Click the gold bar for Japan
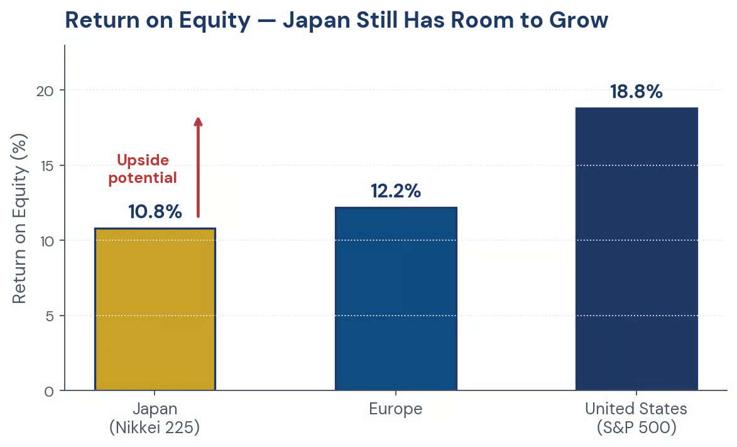point(155,309)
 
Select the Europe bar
point(396,299)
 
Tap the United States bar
point(636,249)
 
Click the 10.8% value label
point(155,212)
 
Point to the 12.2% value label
point(396,191)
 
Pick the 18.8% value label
point(636,92)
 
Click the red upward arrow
point(199,167)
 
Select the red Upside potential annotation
point(143,169)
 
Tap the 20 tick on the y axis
point(45,91)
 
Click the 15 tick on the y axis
point(46,165)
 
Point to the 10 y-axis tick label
point(46,241)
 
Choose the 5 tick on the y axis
point(50,316)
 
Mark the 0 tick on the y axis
point(50,392)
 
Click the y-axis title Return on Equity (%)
point(19,219)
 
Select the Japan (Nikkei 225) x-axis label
point(155,418)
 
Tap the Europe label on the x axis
point(396,409)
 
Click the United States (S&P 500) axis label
point(636,418)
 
